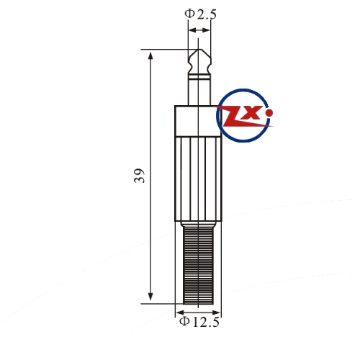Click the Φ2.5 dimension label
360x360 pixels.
tap(200, 14)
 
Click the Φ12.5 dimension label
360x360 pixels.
tap(199, 322)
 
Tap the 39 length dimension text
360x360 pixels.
tap(140, 176)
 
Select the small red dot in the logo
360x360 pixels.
tap(270, 112)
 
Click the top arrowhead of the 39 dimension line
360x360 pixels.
tap(150, 55)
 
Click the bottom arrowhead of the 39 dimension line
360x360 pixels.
tap(150, 297)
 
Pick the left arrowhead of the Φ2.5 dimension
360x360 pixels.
tap(192, 30)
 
